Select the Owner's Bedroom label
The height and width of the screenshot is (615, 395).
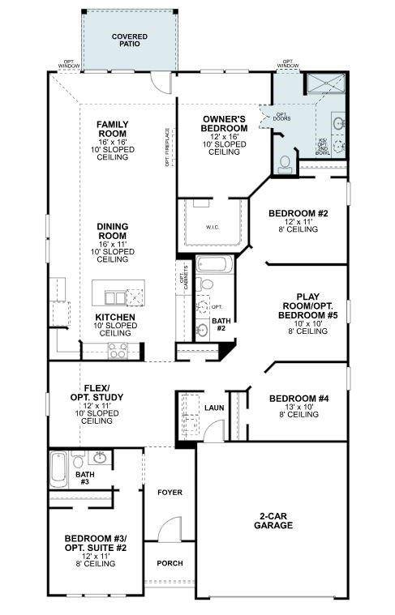point(224,124)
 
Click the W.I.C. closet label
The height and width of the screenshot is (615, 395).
point(214,226)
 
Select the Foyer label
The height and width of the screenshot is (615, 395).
point(170,492)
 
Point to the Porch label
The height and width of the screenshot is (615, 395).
point(170,563)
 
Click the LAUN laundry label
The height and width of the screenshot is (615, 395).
point(214,408)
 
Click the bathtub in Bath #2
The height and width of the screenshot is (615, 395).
point(214,266)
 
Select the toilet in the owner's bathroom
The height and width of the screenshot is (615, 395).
point(285,164)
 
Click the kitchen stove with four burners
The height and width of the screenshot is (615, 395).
point(117,350)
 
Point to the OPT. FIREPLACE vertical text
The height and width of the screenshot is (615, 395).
point(167,147)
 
